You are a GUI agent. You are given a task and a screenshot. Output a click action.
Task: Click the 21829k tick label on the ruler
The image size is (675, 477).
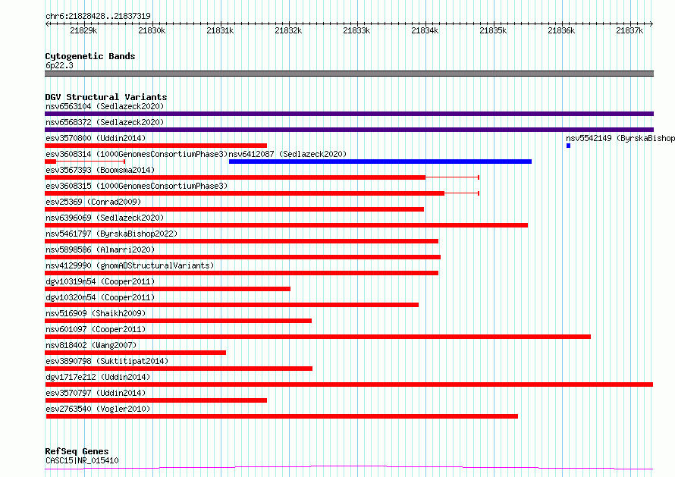pyautogui.click(x=83, y=30)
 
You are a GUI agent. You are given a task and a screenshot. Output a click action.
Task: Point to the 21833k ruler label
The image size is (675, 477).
pyautogui.click(x=356, y=30)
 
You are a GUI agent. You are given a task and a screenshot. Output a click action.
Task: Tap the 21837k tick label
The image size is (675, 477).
pyautogui.click(x=629, y=30)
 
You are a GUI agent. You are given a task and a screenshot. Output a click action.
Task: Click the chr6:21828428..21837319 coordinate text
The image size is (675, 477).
pyautogui.click(x=98, y=17)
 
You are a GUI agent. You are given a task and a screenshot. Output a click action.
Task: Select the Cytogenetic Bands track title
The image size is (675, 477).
pyautogui.click(x=90, y=56)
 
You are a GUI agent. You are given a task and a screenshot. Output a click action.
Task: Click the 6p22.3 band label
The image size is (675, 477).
pyautogui.click(x=59, y=65)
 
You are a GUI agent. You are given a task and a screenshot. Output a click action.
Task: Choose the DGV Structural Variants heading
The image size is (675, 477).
pyautogui.click(x=106, y=97)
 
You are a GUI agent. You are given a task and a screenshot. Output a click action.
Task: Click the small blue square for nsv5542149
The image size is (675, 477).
pyautogui.click(x=568, y=146)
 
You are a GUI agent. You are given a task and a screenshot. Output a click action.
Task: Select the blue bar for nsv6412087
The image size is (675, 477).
pyautogui.click(x=380, y=162)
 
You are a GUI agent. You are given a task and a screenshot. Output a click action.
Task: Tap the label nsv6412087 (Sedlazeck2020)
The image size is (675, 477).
pyautogui.click(x=287, y=154)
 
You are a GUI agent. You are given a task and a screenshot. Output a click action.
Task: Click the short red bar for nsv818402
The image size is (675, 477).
pyautogui.click(x=136, y=353)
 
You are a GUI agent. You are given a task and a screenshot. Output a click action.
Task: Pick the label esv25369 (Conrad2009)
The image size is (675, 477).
pyautogui.click(x=93, y=202)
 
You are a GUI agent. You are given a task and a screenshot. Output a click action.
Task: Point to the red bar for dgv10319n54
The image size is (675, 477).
pyautogui.click(x=168, y=289)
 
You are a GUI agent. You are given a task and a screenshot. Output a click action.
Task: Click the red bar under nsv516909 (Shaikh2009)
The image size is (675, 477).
pyautogui.click(x=178, y=321)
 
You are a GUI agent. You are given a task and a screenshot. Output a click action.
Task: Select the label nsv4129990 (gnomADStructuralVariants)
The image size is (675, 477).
pyautogui.click(x=130, y=265)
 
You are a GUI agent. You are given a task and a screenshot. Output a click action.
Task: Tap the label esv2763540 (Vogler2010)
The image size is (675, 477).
pyautogui.click(x=98, y=409)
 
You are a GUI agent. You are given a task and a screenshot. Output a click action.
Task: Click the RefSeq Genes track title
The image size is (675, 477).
pyautogui.click(x=77, y=451)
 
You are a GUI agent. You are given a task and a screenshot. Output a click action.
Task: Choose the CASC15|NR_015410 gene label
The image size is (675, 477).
pyautogui.click(x=82, y=460)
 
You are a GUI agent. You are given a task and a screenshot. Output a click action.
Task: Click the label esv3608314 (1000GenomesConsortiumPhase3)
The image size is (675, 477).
pyautogui.click(x=137, y=154)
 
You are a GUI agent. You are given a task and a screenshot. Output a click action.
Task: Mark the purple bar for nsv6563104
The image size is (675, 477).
pyautogui.click(x=350, y=114)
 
